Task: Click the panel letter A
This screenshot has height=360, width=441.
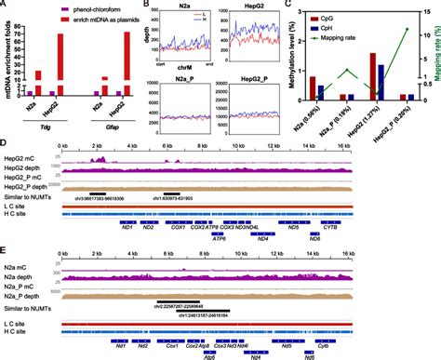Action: point(6,6)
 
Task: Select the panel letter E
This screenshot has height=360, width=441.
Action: point(6,252)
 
